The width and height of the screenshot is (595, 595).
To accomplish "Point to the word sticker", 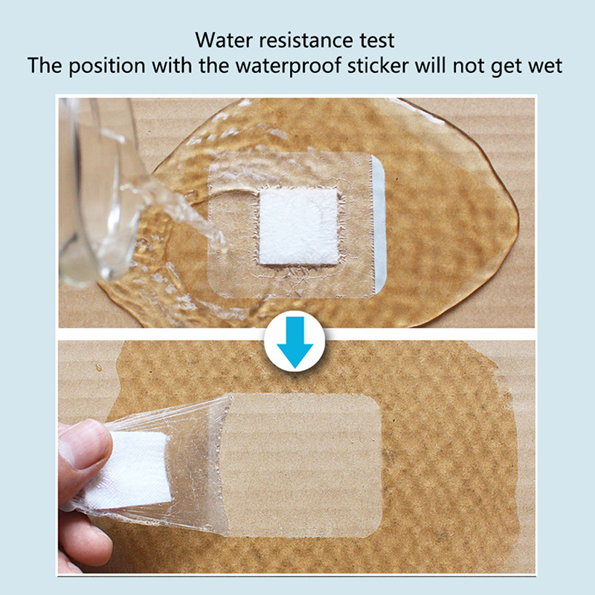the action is [x=378, y=65].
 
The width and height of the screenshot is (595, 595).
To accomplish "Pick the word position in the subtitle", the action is [x=107, y=66].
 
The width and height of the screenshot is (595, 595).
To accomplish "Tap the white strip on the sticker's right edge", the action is [x=379, y=224].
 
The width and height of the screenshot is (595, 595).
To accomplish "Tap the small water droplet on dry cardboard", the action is [x=99, y=367].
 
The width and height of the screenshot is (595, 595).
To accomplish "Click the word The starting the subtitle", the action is [x=45, y=65].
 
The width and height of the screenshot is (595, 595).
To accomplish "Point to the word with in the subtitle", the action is [x=172, y=65].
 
